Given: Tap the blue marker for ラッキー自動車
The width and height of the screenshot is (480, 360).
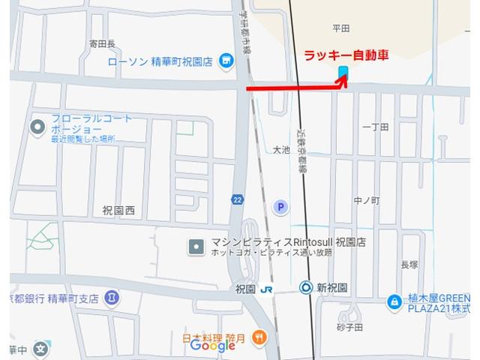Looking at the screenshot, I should (x=343, y=72).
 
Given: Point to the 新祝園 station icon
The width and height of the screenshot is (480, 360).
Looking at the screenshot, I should (x=305, y=286).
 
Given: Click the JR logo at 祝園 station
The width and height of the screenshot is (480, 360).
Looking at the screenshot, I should (x=266, y=289).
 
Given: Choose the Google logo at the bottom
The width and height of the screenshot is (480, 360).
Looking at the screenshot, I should (x=213, y=345).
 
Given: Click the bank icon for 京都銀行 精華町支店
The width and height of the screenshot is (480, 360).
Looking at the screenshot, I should (x=112, y=298).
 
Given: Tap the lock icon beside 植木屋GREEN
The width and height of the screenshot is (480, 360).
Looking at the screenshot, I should (x=393, y=301).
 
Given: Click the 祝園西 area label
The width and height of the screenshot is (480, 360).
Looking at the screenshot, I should (x=118, y=211).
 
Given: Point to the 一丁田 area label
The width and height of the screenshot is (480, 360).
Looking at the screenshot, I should (x=375, y=127).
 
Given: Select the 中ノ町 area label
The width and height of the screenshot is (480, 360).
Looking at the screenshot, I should (x=367, y=201).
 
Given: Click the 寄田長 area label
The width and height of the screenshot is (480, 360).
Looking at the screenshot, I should (x=101, y=43).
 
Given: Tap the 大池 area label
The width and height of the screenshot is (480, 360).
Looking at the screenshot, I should (x=280, y=151).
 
